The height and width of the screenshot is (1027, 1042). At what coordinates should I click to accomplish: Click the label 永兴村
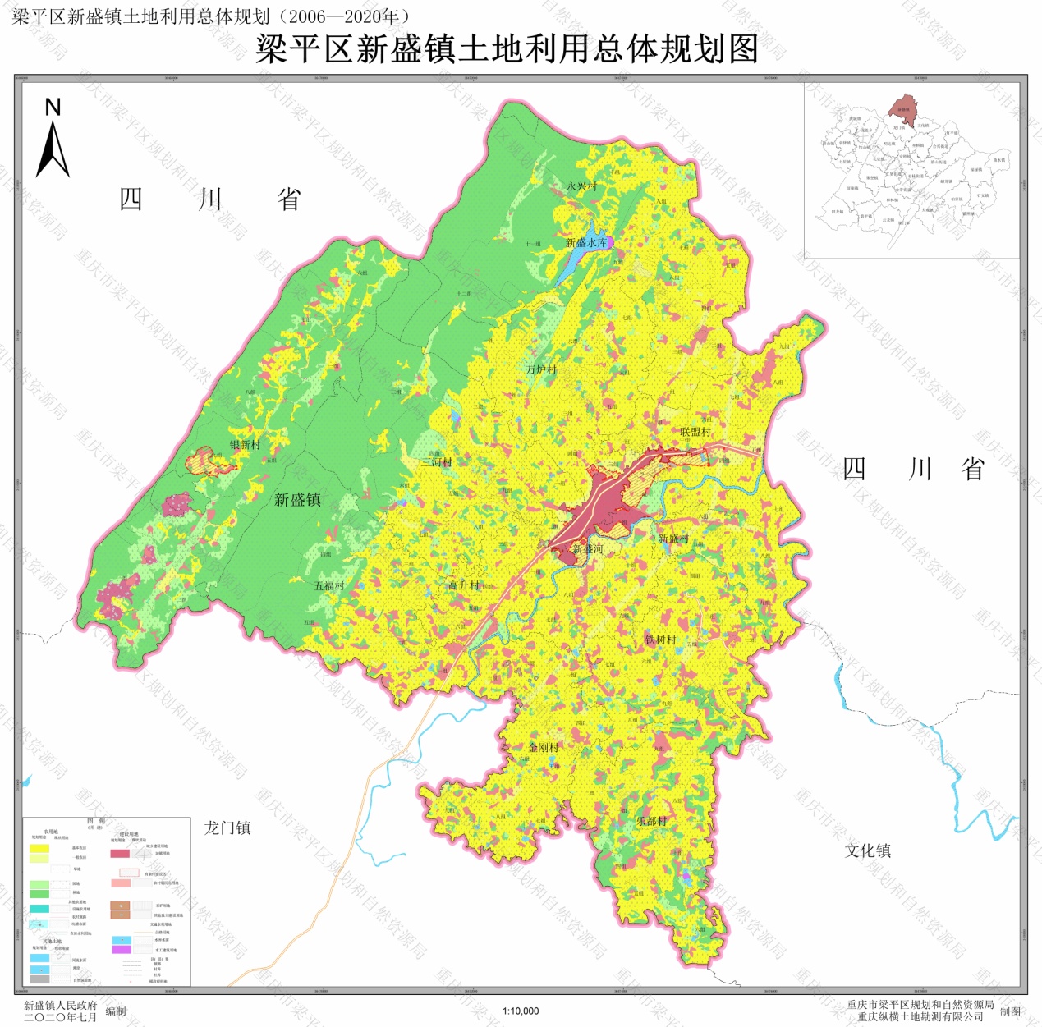(581, 186)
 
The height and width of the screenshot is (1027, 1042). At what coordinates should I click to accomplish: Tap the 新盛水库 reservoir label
(586, 242)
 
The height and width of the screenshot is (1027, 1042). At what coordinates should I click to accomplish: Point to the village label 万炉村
(541, 369)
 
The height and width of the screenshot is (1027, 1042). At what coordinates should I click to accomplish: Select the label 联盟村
(695, 432)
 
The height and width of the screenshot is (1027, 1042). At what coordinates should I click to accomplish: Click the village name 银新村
(245, 444)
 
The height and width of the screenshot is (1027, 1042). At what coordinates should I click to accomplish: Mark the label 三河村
(437, 462)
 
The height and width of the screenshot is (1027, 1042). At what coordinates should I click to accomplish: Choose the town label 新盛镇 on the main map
(297, 499)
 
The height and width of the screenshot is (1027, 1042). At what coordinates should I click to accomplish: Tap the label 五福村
(329, 586)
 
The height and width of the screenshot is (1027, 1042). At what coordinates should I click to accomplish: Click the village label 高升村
(464, 585)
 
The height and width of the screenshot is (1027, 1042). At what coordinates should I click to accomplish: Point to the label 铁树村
(660, 640)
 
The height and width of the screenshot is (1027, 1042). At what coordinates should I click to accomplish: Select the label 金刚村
(544, 747)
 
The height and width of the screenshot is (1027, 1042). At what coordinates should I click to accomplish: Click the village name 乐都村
(651, 820)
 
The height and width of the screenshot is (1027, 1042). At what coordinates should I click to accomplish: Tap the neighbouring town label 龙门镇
(227, 828)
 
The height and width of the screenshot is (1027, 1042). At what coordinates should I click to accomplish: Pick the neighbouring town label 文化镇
(868, 850)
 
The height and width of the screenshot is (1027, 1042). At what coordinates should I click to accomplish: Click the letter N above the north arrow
(53, 108)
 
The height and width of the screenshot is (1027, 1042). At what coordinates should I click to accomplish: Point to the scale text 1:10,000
(521, 1011)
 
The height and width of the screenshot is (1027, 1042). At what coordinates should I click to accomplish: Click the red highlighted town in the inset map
(903, 109)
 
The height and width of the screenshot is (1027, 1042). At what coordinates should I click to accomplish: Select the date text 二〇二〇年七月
(60, 1017)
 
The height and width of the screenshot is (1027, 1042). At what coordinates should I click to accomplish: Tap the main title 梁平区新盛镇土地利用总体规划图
(507, 49)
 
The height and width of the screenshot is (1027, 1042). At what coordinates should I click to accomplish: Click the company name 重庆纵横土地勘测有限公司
(920, 1016)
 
